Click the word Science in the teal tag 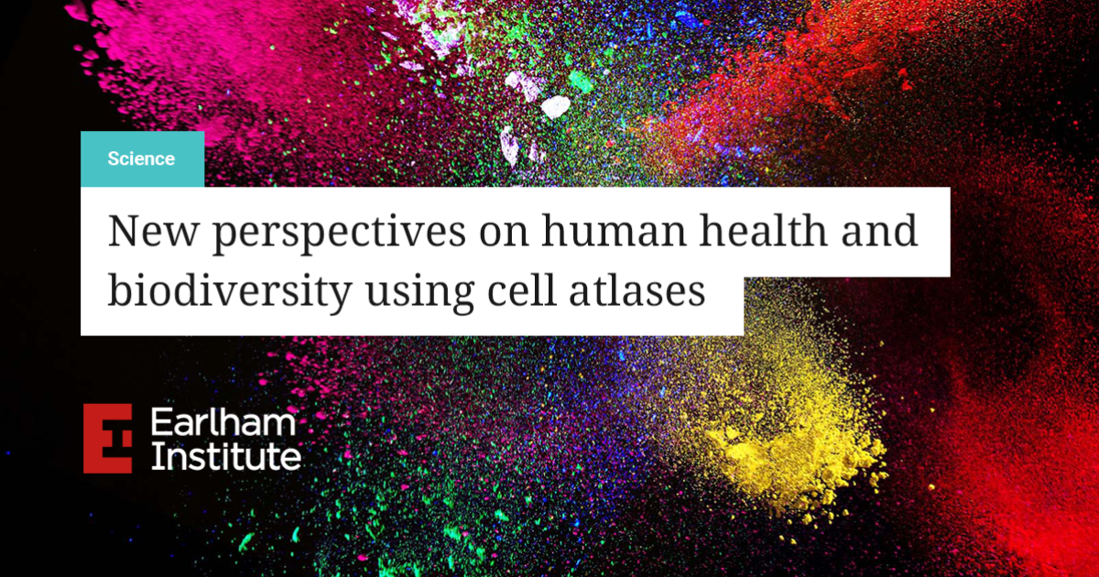[141, 159]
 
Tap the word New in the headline [153, 231]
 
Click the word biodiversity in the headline [230, 293]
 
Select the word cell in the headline [521, 289]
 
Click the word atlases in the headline [637, 289]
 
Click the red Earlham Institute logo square [107, 438]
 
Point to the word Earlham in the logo [223, 422]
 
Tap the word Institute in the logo [226, 457]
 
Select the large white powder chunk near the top [555, 107]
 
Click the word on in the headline [504, 235]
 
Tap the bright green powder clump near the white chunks [582, 81]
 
